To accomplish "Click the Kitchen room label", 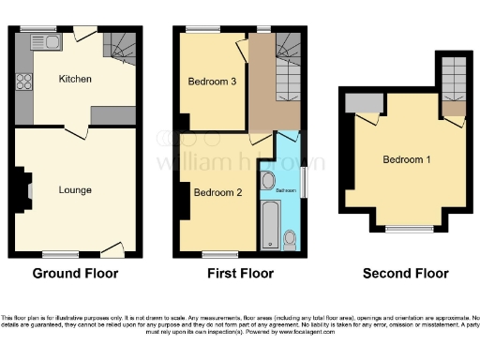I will coord(75,79).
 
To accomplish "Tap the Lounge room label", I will coord(75,190).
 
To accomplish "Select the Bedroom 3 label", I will coord(212,82).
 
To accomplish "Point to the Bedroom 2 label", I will coord(217,193).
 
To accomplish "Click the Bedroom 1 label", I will coord(407,159).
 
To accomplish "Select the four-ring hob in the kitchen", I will coord(24,81).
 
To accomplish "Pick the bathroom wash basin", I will coord(269,180).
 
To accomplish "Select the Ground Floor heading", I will coord(75,274).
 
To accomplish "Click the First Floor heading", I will coord(241,274).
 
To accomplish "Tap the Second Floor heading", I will coord(406,274).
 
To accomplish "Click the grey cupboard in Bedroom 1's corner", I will coord(357,104).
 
